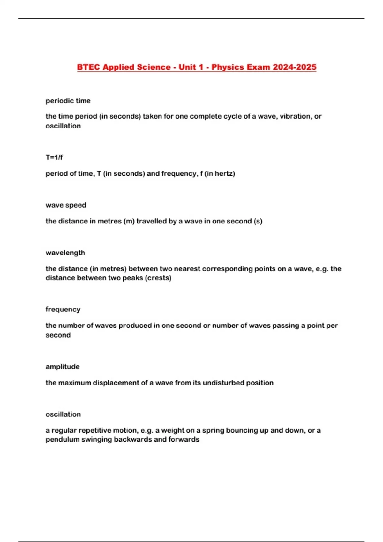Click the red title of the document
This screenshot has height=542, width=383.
coord(197,67)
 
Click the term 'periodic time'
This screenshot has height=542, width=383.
coord(68,101)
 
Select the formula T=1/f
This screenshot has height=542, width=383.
coord(54,157)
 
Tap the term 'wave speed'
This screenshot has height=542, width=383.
coord(66,205)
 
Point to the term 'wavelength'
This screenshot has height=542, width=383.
coord(65,253)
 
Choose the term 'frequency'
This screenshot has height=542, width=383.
coord(63,309)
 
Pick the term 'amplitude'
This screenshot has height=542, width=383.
coord(63,367)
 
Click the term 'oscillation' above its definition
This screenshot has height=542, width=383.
coord(63,414)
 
